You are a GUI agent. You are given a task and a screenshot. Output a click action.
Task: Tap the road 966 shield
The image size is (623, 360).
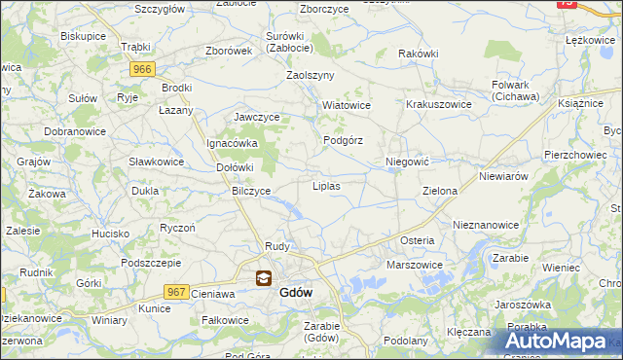coord(143,68)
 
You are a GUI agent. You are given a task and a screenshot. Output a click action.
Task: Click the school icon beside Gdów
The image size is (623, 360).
coord(263,278)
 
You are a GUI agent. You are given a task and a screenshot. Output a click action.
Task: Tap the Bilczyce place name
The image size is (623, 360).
coord(250,191)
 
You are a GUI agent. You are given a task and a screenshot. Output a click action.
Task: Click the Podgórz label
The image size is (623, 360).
coord(343,140)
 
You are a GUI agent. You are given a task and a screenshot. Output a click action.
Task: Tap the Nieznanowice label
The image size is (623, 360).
coord(486,224)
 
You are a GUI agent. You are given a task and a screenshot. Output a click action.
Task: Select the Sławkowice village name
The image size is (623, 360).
coord(157,161)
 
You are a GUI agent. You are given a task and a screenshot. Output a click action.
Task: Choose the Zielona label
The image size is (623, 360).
coord(439,191)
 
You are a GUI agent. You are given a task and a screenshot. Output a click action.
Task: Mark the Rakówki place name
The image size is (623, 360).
coord(419,54)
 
